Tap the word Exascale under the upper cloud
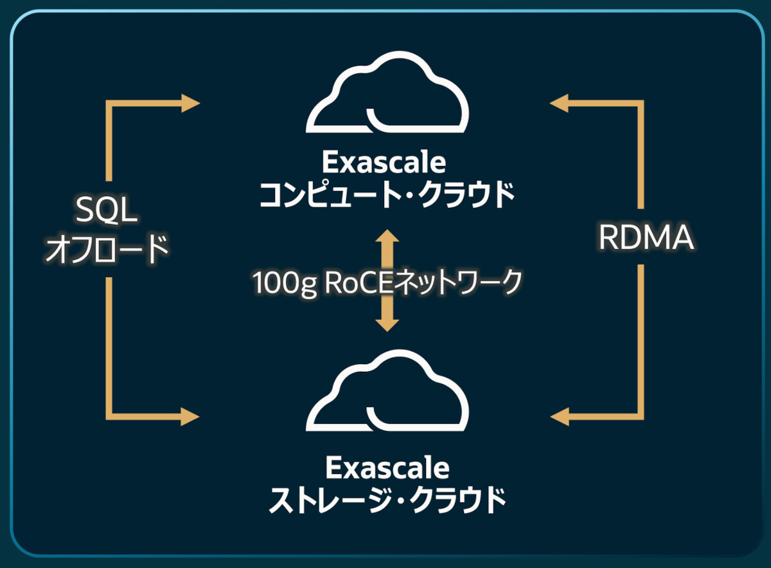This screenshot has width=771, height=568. [x=384, y=163]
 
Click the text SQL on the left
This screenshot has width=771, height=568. [x=107, y=210]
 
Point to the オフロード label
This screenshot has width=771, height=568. [x=107, y=248]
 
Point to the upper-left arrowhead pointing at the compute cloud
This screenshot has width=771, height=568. [x=191, y=103]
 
